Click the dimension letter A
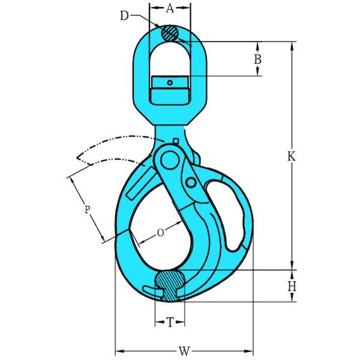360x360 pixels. pyautogui.click(x=170, y=8)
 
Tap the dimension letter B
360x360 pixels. pyautogui.click(x=257, y=59)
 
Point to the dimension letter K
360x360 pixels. pyautogui.click(x=292, y=156)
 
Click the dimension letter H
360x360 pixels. pyautogui.click(x=292, y=287)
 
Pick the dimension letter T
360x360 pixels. pyautogui.click(x=170, y=323)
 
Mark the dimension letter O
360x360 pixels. pyautogui.click(x=160, y=233)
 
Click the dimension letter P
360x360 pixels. pyautogui.click(x=87, y=209)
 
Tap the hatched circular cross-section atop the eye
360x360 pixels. pyautogui.click(x=170, y=32)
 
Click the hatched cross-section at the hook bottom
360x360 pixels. pyautogui.click(x=169, y=284)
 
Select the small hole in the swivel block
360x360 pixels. pyautogui.click(x=170, y=83)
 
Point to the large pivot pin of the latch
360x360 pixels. pyautogui.click(x=171, y=160)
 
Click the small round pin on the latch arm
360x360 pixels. pyautogui.click(x=190, y=182)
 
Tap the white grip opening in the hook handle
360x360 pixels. pyautogui.click(x=232, y=216)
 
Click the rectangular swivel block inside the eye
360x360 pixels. pyautogui.click(x=170, y=89)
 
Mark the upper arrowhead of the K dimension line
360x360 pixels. pyautogui.click(x=292, y=46)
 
